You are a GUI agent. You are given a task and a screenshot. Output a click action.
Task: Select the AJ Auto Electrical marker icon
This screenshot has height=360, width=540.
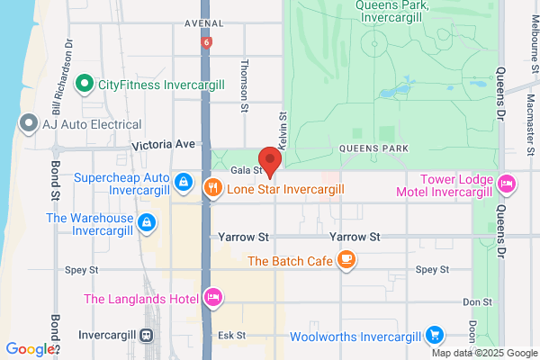[28, 121]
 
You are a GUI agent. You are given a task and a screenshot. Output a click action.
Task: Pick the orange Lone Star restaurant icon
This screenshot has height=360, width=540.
[212, 188]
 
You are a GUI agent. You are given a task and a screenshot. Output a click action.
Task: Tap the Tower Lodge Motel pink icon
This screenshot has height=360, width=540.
[506, 184]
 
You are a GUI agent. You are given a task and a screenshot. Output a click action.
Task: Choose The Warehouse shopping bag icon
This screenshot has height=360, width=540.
[145, 221]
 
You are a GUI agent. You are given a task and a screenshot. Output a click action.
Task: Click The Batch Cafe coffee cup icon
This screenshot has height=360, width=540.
[346, 261]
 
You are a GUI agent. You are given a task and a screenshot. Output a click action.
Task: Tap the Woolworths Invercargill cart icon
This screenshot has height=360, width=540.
[436, 337]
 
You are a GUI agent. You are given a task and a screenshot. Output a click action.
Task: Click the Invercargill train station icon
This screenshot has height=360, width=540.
[146, 336]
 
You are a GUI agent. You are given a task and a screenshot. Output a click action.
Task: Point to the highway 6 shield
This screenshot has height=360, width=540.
[207, 42]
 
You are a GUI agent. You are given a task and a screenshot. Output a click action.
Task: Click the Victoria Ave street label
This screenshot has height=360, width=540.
[163, 144]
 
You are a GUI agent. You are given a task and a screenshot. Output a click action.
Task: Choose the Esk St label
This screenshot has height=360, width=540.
[231, 336]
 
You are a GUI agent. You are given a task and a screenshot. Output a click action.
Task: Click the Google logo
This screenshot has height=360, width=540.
[31, 348]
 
